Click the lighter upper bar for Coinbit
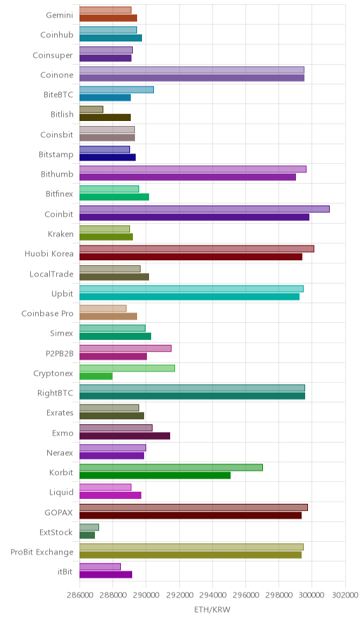204,209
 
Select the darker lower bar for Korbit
155,475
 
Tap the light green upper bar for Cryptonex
127,368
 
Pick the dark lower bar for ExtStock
86,535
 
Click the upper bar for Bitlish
91,110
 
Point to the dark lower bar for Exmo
124,436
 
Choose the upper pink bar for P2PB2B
125,348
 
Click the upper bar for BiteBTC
117,89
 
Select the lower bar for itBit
105,574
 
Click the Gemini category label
60,15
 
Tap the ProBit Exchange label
42,552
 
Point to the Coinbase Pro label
48,313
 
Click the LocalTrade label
51,274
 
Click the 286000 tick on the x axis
79,595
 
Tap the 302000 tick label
345,595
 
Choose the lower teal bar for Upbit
189,296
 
